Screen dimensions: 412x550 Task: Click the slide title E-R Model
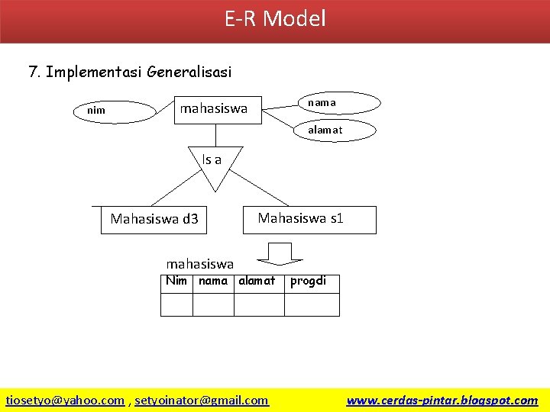275,18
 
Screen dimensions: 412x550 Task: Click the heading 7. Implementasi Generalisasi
130,72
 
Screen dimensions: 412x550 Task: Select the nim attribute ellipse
96,111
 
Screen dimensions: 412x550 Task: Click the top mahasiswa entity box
215,109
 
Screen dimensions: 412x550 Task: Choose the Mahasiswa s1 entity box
300,219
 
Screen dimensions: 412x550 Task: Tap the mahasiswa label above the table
200,264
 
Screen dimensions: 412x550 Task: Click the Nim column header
176,281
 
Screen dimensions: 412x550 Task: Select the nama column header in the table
213,281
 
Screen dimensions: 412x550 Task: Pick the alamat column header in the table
257,281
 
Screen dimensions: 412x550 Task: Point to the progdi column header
308,281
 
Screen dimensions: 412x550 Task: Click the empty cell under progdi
312,304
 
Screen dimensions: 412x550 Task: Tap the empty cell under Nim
176,304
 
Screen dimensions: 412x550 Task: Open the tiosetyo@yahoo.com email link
66,400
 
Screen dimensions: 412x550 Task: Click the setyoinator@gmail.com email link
202,400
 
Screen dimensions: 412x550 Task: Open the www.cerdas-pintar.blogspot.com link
442,400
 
